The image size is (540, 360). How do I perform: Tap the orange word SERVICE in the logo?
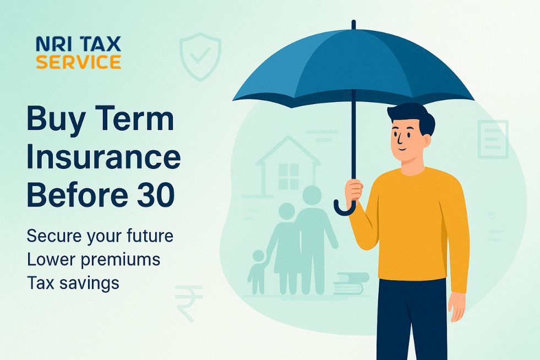coord(78,62)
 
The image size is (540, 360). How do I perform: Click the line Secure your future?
coord(100,236)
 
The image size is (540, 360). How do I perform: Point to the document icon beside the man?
coord(493,139)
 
